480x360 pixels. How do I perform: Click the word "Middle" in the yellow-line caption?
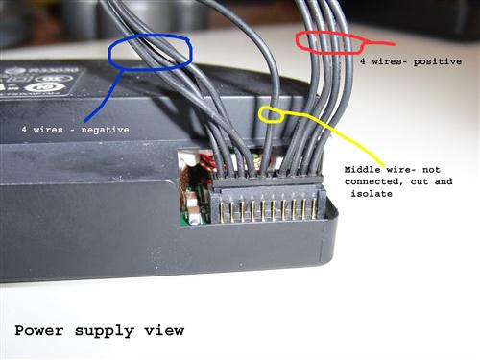(366, 170)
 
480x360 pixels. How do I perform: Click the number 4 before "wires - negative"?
(24, 129)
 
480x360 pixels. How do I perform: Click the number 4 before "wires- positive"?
(362, 60)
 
